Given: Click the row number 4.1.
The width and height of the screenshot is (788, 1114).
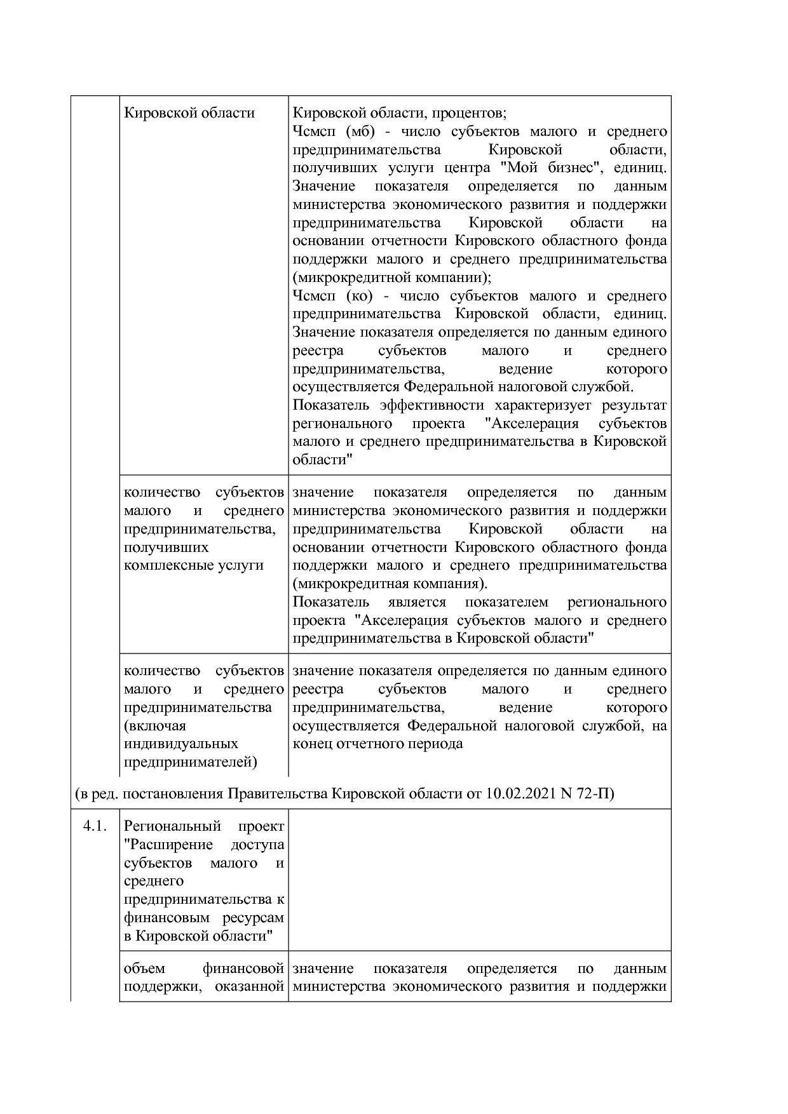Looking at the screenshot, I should coord(93,826).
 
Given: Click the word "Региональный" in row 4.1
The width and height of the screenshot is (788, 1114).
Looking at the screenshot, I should coord(173,826).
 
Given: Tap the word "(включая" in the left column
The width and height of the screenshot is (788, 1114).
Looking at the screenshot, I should coord(155,725).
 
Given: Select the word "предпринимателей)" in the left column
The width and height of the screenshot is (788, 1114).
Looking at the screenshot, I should coord(191,762).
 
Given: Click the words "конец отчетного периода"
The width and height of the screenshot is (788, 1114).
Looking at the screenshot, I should coord(377,744).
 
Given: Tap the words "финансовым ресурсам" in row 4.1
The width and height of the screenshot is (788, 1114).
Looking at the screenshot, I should coord(203,918).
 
